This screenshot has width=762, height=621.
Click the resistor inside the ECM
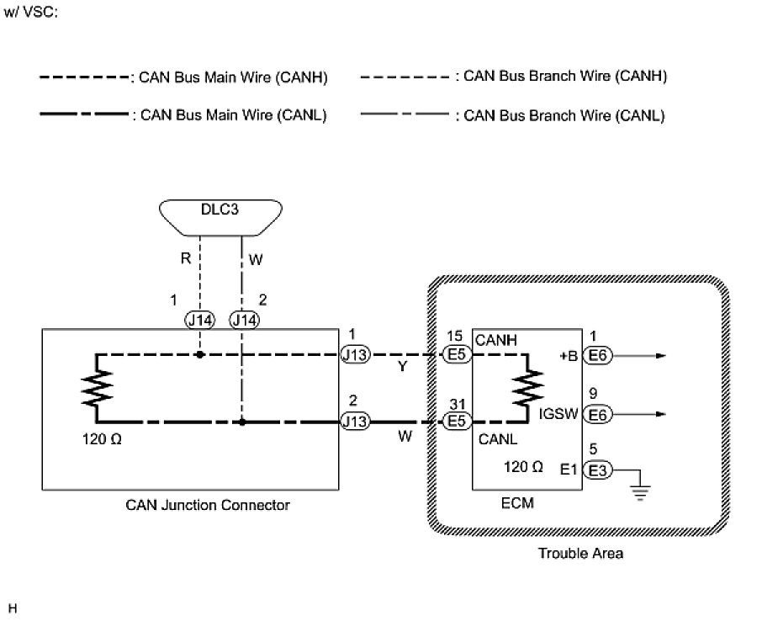click(x=529, y=388)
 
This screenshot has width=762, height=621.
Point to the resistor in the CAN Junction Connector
click(x=98, y=388)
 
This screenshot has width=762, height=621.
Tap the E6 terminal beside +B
click(x=599, y=355)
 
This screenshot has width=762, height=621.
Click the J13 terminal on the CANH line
click(x=354, y=355)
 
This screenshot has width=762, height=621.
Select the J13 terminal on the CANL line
click(x=354, y=421)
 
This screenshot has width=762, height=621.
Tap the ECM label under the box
click(x=517, y=503)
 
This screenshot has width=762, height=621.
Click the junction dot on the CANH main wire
click(x=200, y=355)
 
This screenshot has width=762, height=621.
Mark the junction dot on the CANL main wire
click(x=242, y=421)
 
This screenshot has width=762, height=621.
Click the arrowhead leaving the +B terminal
click(x=661, y=355)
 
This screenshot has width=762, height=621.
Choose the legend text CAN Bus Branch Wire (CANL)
click(x=564, y=115)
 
